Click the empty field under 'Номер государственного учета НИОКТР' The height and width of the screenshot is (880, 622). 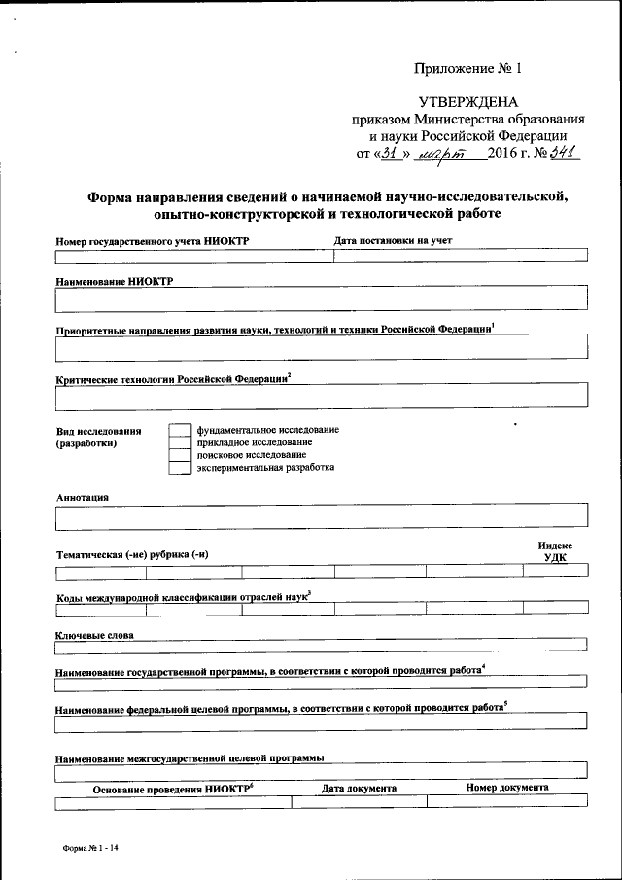pyautogui.click(x=194, y=257)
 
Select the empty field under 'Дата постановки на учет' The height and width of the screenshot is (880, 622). pyautogui.click(x=461, y=257)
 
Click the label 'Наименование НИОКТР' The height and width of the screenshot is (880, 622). pyautogui.click(x=108, y=280)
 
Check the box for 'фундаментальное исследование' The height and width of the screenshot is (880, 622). pyautogui.click(x=179, y=430)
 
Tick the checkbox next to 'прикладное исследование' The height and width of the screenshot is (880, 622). pyautogui.click(x=179, y=442)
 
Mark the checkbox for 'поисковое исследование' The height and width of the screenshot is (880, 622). pyautogui.click(x=179, y=455)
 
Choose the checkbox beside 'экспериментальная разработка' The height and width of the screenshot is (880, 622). pyautogui.click(x=179, y=468)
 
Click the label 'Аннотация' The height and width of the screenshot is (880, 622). pyautogui.click(x=83, y=497)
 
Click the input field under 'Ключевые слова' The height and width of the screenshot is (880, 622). pyautogui.click(x=322, y=643)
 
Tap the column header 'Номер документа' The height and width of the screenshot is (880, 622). pyautogui.click(x=506, y=788)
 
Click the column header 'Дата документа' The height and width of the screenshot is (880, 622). pyautogui.click(x=359, y=788)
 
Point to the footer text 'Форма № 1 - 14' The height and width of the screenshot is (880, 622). pyautogui.click(x=90, y=848)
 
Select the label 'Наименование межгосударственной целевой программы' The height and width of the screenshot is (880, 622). pyautogui.click(x=190, y=757)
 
